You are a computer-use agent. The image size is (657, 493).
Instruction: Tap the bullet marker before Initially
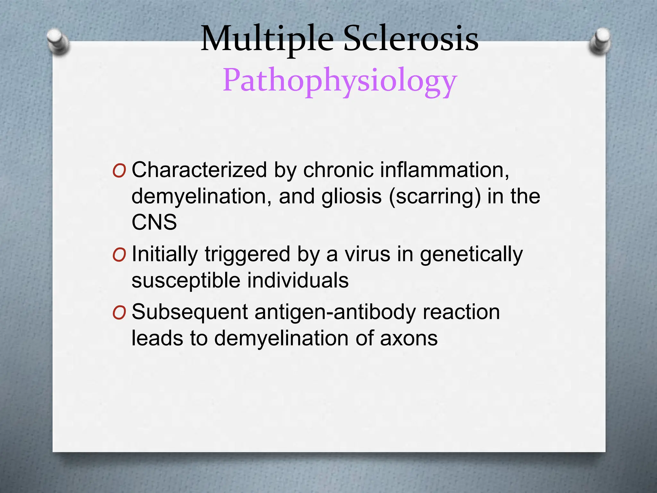click(119, 255)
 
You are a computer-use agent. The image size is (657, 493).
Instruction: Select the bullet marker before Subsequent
click(119, 313)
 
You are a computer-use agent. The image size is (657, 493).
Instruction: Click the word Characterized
click(199, 170)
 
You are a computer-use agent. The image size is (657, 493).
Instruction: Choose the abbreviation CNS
click(154, 222)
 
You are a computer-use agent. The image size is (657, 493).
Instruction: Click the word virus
click(368, 254)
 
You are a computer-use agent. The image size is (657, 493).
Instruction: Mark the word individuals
click(298, 281)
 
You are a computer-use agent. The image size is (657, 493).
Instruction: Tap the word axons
click(409, 338)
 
